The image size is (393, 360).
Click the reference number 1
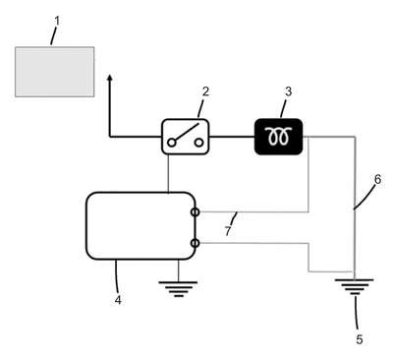pyautogui.click(x=57, y=21)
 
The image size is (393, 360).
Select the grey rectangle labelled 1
pyautogui.click(x=55, y=72)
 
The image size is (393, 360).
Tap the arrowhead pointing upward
pyautogui.click(x=110, y=78)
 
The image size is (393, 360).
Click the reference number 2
pyautogui.click(x=205, y=91)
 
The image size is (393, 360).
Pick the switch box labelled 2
pyautogui.click(x=186, y=137)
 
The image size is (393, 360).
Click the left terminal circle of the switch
pyautogui.click(x=171, y=143)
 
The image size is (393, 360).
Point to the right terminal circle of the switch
pyautogui.click(x=198, y=143)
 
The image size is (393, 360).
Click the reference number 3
pyautogui.click(x=288, y=91)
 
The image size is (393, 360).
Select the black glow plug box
pyautogui.click(x=278, y=137)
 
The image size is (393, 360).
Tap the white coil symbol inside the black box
pyautogui.click(x=278, y=136)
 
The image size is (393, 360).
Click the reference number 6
pyautogui.click(x=377, y=180)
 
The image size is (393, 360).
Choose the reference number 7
pyautogui.click(x=228, y=231)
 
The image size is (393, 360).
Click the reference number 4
pyautogui.click(x=118, y=300)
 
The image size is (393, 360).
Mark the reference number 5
pyautogui.click(x=360, y=339)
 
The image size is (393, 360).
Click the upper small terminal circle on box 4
pyautogui.click(x=195, y=212)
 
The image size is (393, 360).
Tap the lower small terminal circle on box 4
pyautogui.click(x=195, y=243)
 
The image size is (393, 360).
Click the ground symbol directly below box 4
pyautogui.click(x=178, y=288)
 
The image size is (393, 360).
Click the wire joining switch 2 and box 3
pyautogui.click(x=232, y=137)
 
